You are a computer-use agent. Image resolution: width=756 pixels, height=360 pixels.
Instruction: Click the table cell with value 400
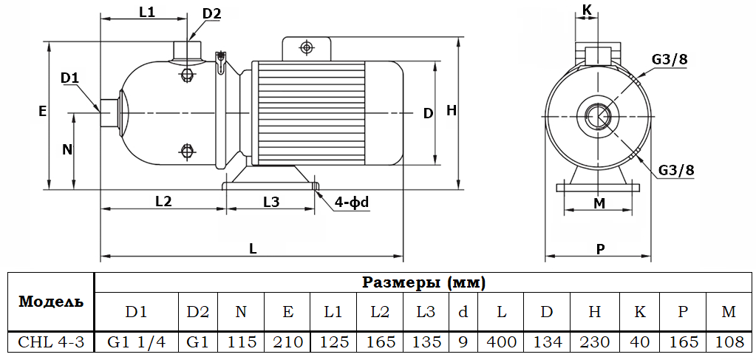click(x=501, y=342)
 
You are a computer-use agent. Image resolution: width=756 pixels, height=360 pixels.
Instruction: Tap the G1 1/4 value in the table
click(x=137, y=342)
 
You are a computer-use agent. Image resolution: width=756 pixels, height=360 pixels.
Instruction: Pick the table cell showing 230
click(x=595, y=342)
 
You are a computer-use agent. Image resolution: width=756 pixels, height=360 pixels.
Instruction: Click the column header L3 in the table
click(x=426, y=311)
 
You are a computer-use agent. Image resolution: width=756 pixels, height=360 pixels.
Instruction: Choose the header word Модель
click(x=51, y=302)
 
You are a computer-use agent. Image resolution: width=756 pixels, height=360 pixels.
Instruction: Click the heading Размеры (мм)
click(x=424, y=282)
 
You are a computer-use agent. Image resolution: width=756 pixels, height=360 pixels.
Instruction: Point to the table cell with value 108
click(x=729, y=342)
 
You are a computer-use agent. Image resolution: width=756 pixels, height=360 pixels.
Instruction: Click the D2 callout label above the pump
click(x=211, y=13)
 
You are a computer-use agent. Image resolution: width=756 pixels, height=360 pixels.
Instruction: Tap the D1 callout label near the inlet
click(x=69, y=78)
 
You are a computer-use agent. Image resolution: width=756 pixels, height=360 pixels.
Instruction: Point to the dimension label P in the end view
click(x=600, y=249)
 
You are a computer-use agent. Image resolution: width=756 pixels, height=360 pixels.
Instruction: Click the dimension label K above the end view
click(x=588, y=10)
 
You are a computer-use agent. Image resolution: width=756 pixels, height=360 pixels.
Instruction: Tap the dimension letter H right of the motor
click(x=452, y=111)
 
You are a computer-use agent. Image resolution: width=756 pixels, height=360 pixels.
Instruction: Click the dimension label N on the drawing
click(x=67, y=149)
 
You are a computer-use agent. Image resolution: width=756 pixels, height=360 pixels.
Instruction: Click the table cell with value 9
click(x=463, y=342)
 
